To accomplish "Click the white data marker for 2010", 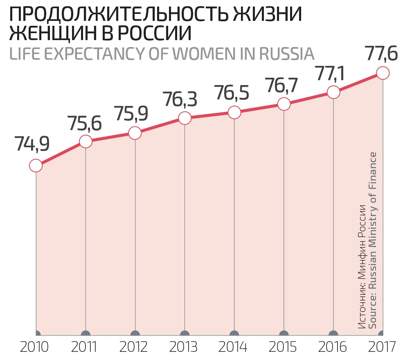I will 36,166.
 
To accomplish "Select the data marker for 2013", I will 185,118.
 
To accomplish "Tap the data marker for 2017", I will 383,73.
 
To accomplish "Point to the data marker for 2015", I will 284,104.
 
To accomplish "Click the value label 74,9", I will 32,144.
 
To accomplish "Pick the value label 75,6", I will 85,123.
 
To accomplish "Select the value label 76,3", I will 180,99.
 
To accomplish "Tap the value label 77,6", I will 380,54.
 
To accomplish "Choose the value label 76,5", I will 232,93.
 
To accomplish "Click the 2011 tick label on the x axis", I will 84,348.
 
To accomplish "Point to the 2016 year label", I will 332,348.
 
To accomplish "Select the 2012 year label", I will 134,348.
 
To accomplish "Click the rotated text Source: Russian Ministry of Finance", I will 373,240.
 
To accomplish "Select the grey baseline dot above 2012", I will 135,333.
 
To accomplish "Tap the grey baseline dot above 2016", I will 333,333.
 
